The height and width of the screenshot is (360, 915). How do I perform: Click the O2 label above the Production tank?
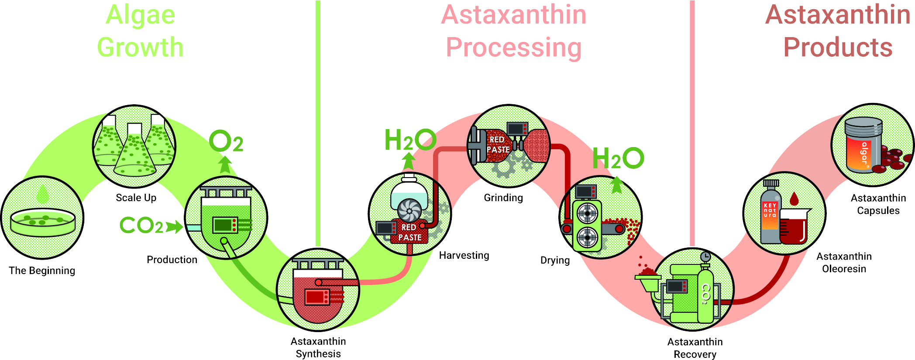tap(226, 141)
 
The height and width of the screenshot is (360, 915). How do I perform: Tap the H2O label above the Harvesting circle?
tap(410, 140)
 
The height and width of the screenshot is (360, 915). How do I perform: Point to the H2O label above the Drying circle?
tap(618, 158)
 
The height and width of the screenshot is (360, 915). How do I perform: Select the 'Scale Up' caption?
tap(136, 198)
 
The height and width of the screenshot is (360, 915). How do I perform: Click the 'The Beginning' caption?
tap(42, 271)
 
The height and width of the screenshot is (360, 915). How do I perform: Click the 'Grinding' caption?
tap(503, 198)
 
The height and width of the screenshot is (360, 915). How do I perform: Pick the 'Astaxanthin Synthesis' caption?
tap(318, 347)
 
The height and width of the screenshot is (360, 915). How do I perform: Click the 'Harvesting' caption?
tap(464, 255)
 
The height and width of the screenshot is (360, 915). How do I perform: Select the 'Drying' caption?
tap(555, 261)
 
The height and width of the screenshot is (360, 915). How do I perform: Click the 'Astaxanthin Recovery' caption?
tap(695, 348)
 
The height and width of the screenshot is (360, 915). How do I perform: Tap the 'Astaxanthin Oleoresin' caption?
tap(844, 263)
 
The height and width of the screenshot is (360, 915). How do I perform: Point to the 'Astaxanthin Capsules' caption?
tap(878, 204)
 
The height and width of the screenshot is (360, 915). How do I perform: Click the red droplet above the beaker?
tap(794, 199)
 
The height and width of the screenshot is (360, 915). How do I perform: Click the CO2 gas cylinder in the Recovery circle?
tap(705, 297)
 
